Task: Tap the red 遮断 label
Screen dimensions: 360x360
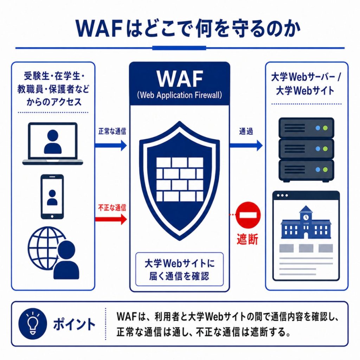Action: (247, 239)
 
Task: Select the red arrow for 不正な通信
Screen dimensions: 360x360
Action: (111, 219)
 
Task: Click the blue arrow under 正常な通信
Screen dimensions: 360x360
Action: (111, 145)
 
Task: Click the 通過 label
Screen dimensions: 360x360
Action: (246, 131)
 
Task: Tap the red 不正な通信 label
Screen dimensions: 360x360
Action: (112, 208)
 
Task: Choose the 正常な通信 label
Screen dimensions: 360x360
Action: (112, 131)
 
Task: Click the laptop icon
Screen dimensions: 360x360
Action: (53, 144)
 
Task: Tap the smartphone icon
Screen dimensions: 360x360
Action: (52, 197)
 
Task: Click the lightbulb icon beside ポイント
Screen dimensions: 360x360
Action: (33, 324)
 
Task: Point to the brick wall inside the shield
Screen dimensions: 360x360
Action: (180, 179)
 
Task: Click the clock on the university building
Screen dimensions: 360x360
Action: (306, 217)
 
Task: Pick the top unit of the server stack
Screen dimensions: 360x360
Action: (306, 128)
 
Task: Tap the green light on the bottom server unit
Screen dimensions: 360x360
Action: (325, 170)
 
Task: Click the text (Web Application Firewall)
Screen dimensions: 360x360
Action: (180, 95)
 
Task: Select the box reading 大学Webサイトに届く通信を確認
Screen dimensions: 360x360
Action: (179, 269)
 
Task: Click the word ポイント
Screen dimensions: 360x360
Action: (74, 324)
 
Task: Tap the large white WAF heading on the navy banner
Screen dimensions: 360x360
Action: (180, 79)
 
